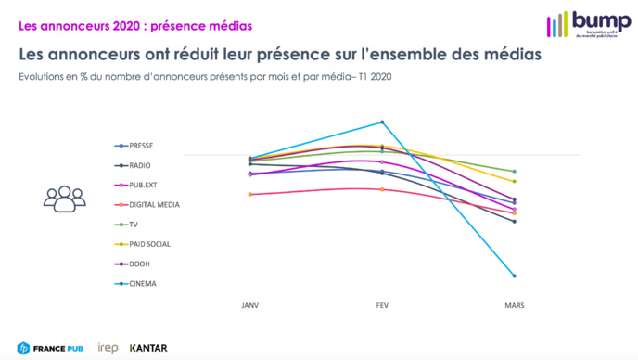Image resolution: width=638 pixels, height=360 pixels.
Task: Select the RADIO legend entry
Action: [135, 165]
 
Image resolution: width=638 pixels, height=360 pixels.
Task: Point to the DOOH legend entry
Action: [135, 264]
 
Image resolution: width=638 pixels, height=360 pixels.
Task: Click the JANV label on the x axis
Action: [249, 304]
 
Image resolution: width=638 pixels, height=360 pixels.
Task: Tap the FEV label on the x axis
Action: [381, 304]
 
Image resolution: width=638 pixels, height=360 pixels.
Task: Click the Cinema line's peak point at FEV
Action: [381, 122]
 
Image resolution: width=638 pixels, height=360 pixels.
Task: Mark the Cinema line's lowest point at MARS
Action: [513, 276]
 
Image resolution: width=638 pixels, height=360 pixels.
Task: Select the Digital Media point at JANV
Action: [249, 194]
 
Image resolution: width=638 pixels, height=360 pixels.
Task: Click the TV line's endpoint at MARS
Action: [513, 171]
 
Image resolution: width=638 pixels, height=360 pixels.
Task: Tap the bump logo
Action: [588, 24]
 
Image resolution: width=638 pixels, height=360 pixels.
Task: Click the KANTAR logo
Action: [148, 348]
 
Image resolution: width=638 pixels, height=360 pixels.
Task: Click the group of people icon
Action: [63, 198]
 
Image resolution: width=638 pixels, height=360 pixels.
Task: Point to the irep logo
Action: [108, 348]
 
